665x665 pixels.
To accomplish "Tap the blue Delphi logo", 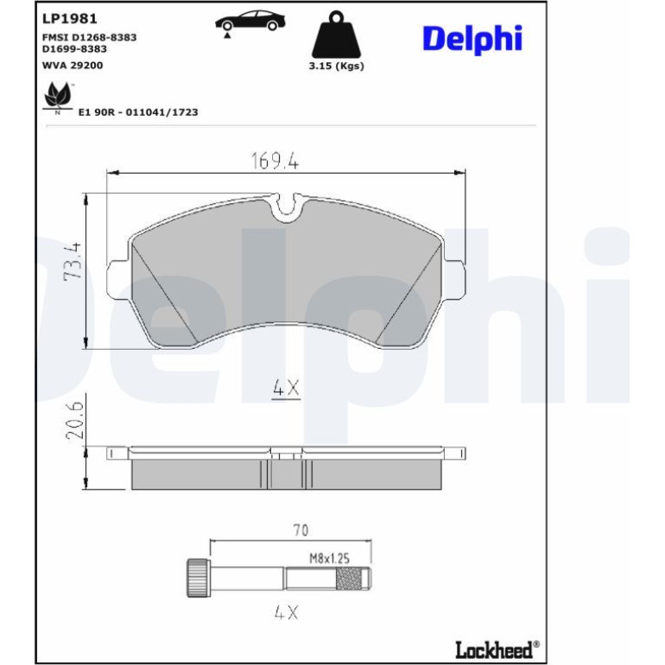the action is pos(472,39).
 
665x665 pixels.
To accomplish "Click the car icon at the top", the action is pos(250,22).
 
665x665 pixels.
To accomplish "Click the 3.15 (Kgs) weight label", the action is pos(336,66).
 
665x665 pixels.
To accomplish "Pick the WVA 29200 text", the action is pos(73,66).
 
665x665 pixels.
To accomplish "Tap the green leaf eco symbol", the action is pos(58,98).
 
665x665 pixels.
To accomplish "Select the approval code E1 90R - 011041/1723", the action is pos(138,112).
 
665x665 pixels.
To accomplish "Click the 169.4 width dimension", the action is pos(275,161).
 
